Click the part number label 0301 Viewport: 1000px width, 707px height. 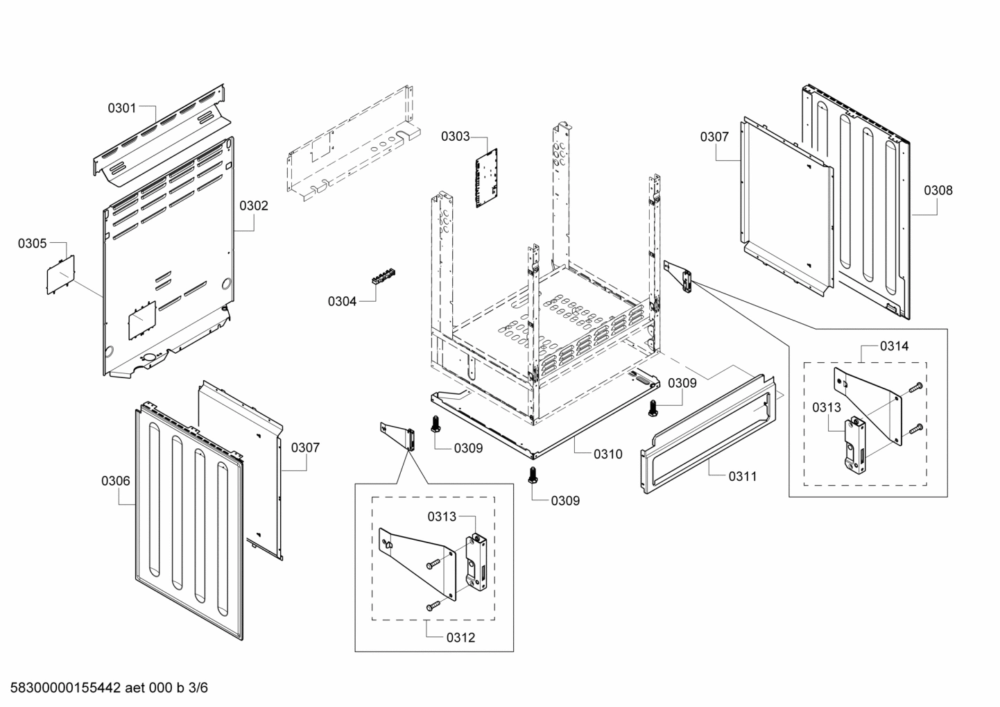[121, 108]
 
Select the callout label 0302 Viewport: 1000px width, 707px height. [254, 205]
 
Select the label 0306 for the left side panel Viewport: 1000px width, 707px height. [115, 481]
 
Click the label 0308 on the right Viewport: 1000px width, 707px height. [938, 190]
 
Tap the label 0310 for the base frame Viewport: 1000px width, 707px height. [607, 454]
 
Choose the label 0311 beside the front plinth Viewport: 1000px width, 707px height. [742, 476]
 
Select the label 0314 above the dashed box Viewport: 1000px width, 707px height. [894, 346]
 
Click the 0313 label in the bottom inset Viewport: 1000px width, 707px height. [442, 516]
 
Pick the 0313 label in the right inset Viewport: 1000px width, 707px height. [827, 407]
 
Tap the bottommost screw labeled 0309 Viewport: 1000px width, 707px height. [533, 475]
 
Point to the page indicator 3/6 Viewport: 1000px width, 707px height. [199, 688]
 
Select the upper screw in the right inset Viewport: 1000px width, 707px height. [916, 386]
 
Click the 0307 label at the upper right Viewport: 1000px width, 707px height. [714, 137]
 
